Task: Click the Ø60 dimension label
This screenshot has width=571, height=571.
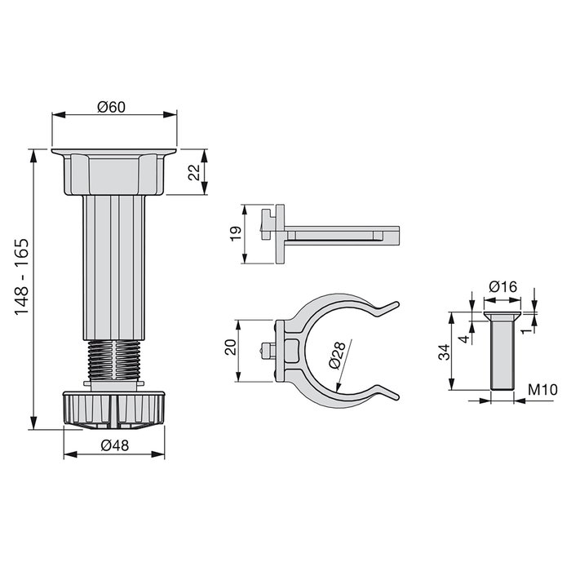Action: coord(113,107)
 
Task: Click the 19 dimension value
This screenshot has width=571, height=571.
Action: coord(234,233)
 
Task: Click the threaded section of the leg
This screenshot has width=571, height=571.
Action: coord(113,359)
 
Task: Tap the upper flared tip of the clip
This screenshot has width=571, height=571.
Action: coord(387,308)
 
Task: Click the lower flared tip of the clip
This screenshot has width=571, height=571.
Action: coord(387,395)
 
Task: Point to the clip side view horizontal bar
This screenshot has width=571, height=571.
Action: coord(343,234)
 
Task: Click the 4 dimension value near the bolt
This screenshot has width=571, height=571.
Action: coord(463,336)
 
